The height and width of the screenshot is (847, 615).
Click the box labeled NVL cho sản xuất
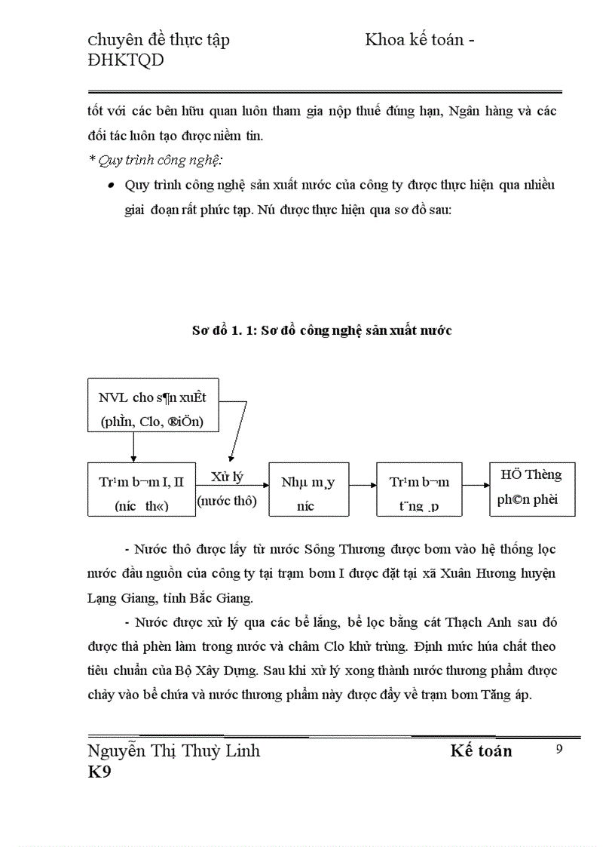tap(153, 405)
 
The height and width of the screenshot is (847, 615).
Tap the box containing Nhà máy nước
tap(308, 489)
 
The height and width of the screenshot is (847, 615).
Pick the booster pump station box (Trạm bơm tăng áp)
tap(419, 489)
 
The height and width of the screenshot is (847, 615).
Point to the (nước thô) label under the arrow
tap(227, 501)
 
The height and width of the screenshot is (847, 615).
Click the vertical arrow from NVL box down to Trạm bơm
tap(133, 447)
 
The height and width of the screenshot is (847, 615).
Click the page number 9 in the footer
tap(558, 749)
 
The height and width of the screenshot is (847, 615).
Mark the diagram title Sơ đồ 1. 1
tap(321, 330)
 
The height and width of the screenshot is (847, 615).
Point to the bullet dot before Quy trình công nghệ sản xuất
tap(112, 186)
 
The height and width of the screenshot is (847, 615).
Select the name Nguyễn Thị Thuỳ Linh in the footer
tap(174, 751)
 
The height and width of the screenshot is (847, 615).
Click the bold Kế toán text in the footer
tap(481, 751)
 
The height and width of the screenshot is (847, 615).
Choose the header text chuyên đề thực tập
tap(159, 41)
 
